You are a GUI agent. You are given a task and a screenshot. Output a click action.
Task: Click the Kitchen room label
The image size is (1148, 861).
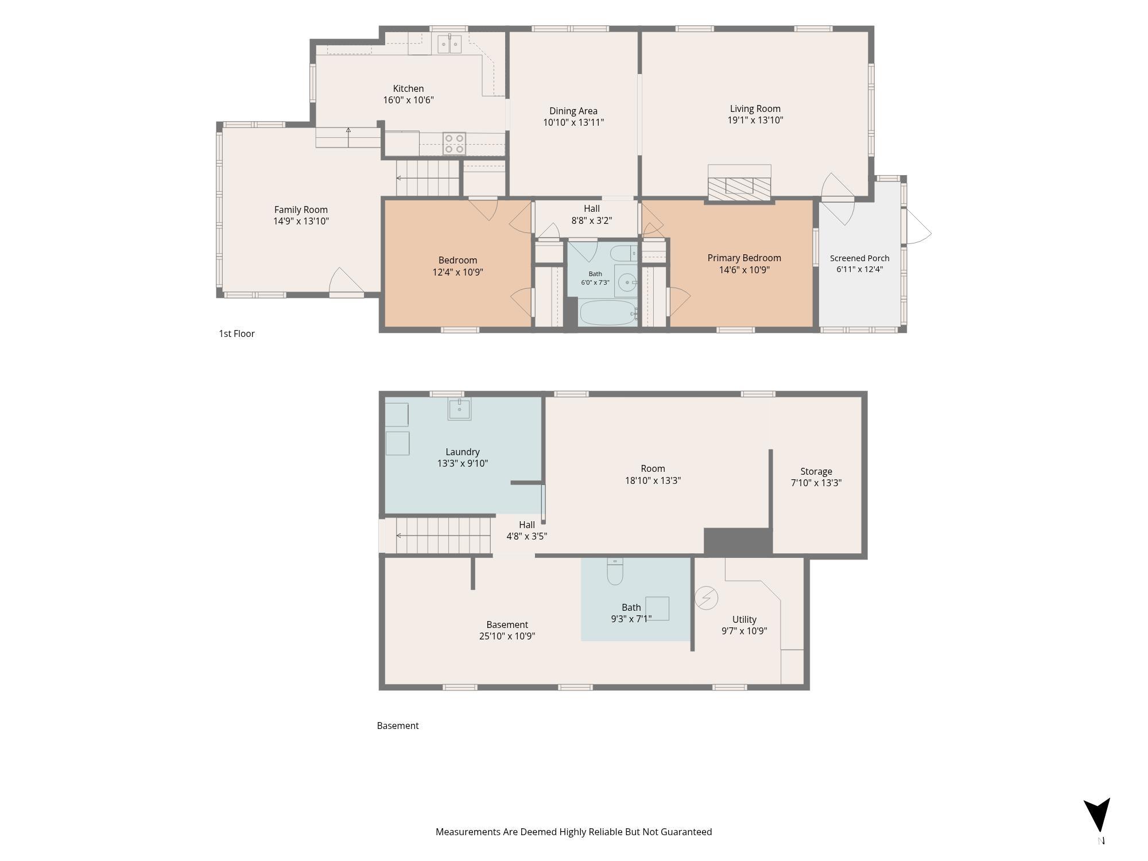[408, 88]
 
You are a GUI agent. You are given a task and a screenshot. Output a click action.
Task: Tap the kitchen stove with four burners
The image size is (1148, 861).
[454, 143]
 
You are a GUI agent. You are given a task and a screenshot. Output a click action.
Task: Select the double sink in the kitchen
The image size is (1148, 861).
[449, 44]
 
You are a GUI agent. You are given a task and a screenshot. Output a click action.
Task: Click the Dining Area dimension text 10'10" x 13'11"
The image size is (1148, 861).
[573, 122]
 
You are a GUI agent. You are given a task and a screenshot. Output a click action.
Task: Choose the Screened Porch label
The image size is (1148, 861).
[859, 258]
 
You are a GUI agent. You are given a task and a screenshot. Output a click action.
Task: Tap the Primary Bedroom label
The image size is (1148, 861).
[744, 258]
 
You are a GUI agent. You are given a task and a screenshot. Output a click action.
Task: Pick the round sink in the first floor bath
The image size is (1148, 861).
[627, 282]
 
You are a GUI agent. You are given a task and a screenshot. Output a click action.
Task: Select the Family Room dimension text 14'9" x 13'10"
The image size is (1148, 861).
[301, 221]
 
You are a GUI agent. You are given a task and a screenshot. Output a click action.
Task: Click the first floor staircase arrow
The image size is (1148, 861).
[428, 178]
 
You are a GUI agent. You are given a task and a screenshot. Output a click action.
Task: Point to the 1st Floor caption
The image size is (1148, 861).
[236, 333]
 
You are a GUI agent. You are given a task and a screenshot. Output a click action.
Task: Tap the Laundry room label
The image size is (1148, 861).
[463, 452]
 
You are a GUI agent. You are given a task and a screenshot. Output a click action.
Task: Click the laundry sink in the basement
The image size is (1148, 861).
[459, 409]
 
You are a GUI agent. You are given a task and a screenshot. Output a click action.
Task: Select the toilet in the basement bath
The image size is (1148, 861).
[615, 571]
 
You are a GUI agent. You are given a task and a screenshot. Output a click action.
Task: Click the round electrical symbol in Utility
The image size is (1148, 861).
[707, 598]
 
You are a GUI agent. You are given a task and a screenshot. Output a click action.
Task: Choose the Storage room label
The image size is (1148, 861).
[816, 471]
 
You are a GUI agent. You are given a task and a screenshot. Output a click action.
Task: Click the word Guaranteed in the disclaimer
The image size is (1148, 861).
[685, 832]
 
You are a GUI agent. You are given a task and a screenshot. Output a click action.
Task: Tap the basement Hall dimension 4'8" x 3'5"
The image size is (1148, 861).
[526, 536]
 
